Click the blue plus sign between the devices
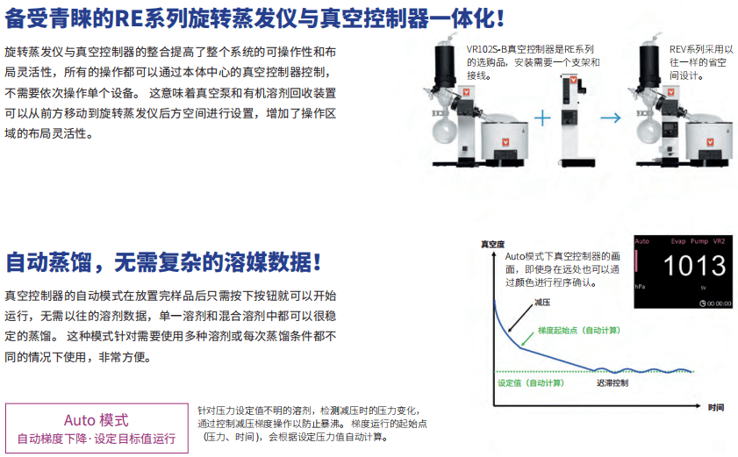(542, 118)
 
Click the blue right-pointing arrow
(611, 118)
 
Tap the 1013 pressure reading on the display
(694, 266)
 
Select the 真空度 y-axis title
(492, 244)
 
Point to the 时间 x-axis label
(716, 407)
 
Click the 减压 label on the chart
(542, 302)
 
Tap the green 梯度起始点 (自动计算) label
(579, 331)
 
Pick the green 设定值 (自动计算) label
(531, 383)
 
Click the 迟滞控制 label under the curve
(613, 383)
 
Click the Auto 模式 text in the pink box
(96, 420)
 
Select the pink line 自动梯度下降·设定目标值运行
(97, 439)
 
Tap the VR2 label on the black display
(719, 241)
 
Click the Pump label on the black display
(699, 241)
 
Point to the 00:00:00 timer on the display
(715, 303)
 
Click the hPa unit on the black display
(640, 287)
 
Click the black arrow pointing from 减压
(520, 318)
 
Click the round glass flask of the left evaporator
(445, 131)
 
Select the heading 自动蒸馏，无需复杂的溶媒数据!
(163, 262)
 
